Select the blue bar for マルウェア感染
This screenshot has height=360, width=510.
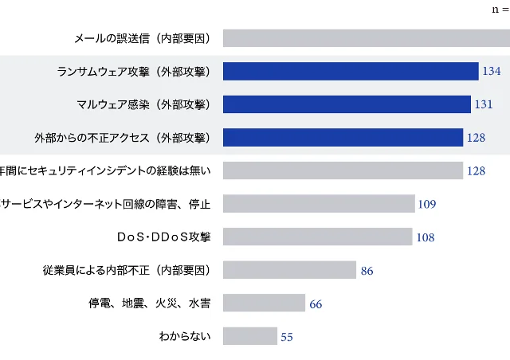[347, 104]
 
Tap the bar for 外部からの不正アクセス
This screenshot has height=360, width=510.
[343, 138]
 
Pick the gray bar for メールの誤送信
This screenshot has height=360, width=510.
[367, 37]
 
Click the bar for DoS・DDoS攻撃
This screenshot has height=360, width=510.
[317, 237]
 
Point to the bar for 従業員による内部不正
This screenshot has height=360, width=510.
[289, 270]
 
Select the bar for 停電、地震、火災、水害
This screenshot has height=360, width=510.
[264, 303]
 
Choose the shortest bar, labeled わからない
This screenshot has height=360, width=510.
[250, 336]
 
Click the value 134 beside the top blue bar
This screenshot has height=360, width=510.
[491, 72]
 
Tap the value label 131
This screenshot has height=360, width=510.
[484, 105]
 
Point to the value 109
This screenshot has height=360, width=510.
[426, 204]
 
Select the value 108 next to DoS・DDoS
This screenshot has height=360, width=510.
[425, 237]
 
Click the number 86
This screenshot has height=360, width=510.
[367, 271]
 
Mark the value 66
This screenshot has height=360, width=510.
[316, 304]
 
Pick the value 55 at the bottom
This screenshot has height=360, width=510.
[287, 337]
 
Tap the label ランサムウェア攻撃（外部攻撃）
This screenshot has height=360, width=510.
[133, 72]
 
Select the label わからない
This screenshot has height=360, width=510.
[185, 336]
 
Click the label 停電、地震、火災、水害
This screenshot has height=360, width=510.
[149, 303]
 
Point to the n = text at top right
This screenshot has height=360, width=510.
[500, 10]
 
